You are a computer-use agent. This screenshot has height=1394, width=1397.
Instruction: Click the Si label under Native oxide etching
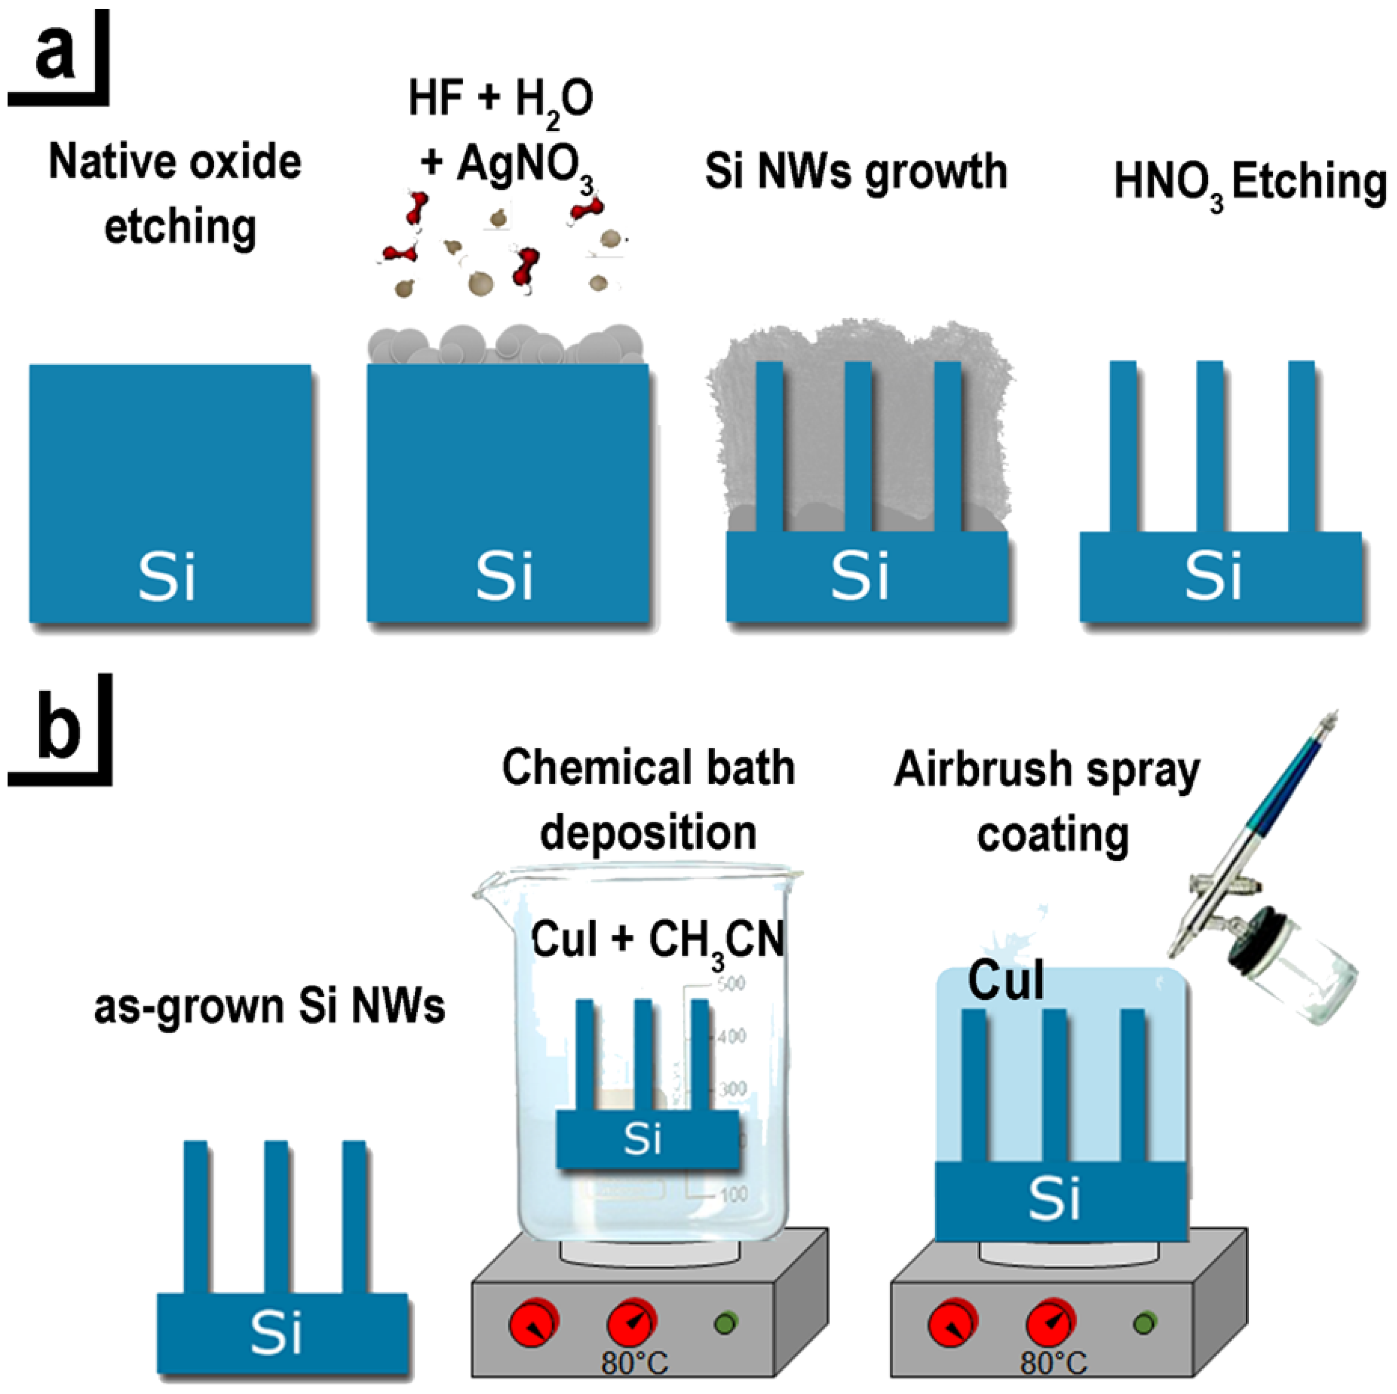(x=167, y=576)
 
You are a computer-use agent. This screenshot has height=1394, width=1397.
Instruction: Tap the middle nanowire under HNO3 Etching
(x=1209, y=448)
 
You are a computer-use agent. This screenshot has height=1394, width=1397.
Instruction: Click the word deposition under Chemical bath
(x=648, y=833)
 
